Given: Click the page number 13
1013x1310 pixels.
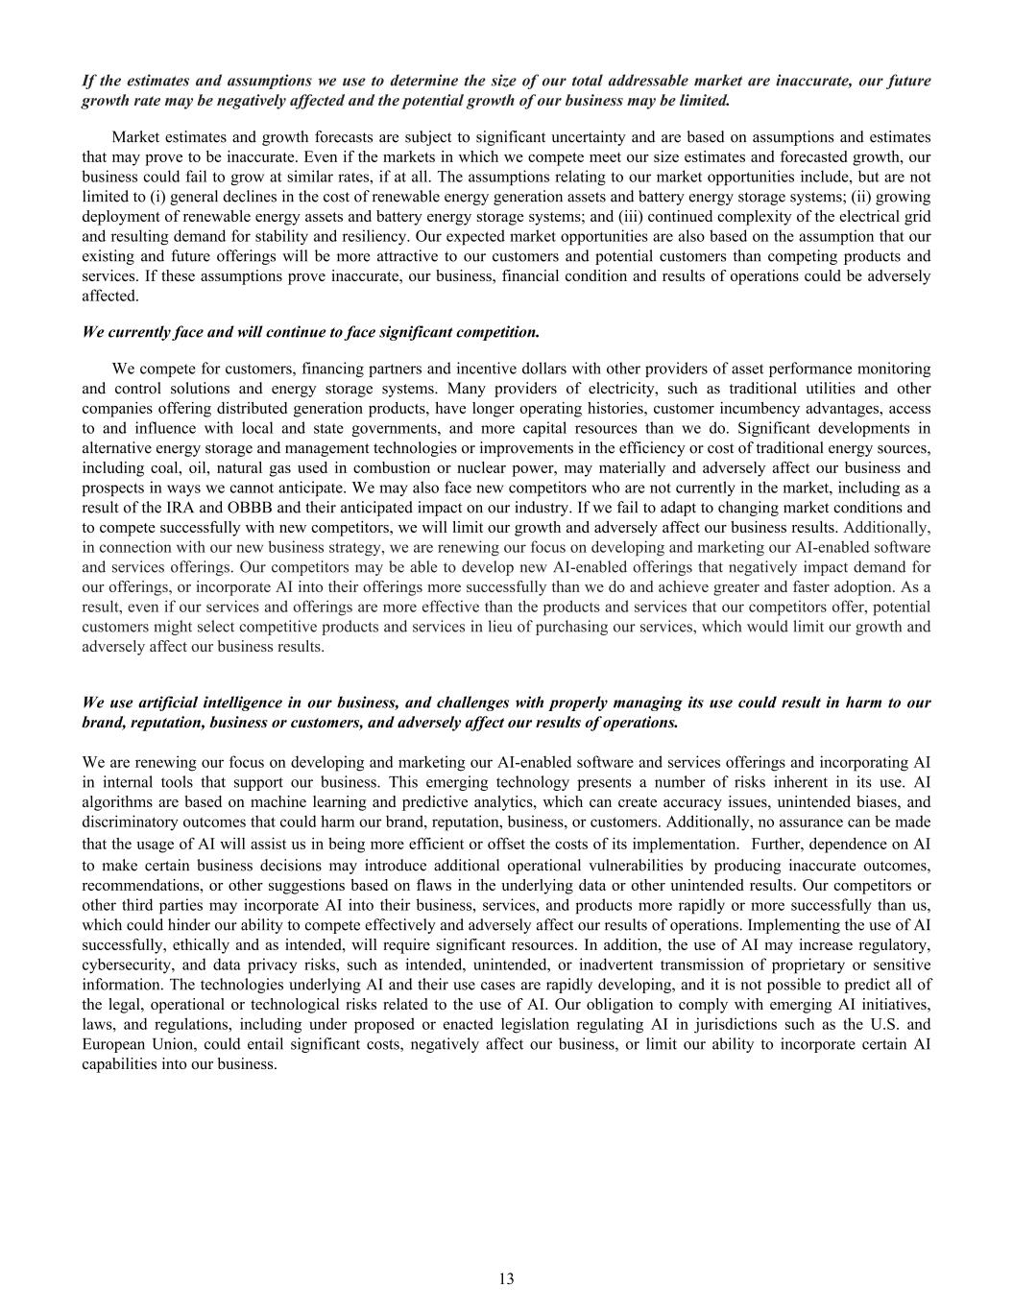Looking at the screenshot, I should point(506,1278).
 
